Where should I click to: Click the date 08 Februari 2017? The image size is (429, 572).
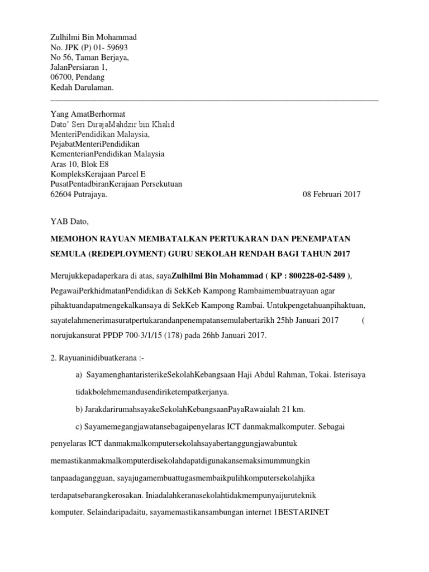pyautogui.click(x=332, y=194)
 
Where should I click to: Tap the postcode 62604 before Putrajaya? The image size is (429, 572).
pyautogui.click(x=63, y=194)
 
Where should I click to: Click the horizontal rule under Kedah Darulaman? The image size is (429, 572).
pyautogui.click(x=214, y=99)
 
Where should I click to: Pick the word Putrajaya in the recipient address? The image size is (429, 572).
pyautogui.click(x=90, y=194)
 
